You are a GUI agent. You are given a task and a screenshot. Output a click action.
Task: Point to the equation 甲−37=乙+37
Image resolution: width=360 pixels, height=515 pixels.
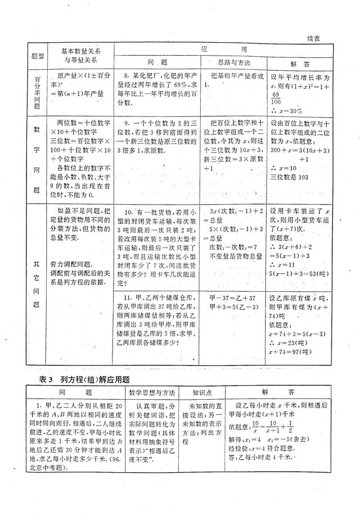tap(231, 297)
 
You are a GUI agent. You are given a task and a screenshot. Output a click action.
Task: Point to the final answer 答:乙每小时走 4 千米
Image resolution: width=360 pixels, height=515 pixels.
tap(277, 458)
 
